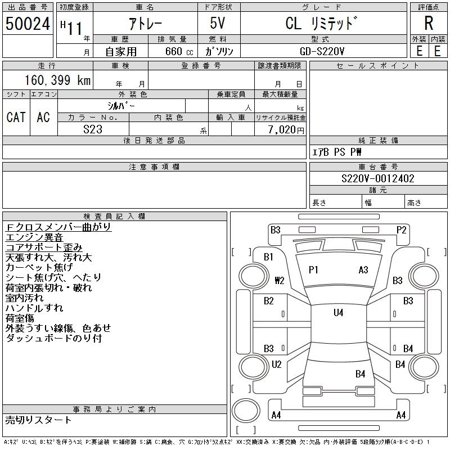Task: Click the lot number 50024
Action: pos(28,24)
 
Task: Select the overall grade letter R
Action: pos(429,23)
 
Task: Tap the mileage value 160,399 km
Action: pos(58,80)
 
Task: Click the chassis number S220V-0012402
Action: pos(378,178)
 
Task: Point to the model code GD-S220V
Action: pos(322,51)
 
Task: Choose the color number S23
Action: pos(93,129)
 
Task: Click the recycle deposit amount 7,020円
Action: pos(286,130)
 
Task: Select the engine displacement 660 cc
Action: pos(179,51)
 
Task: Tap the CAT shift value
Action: pos(16,117)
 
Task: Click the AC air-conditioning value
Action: pos(43,117)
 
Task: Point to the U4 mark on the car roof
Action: pos(339,313)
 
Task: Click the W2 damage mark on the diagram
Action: pos(280,280)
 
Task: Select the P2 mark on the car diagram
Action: pos(401,230)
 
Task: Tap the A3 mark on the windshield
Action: pos(363,270)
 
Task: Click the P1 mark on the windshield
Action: pos(313,270)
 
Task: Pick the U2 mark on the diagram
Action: pos(276,364)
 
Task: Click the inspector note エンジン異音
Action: pos(34,237)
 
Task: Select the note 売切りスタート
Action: pos(38,420)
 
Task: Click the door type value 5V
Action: pos(218,23)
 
